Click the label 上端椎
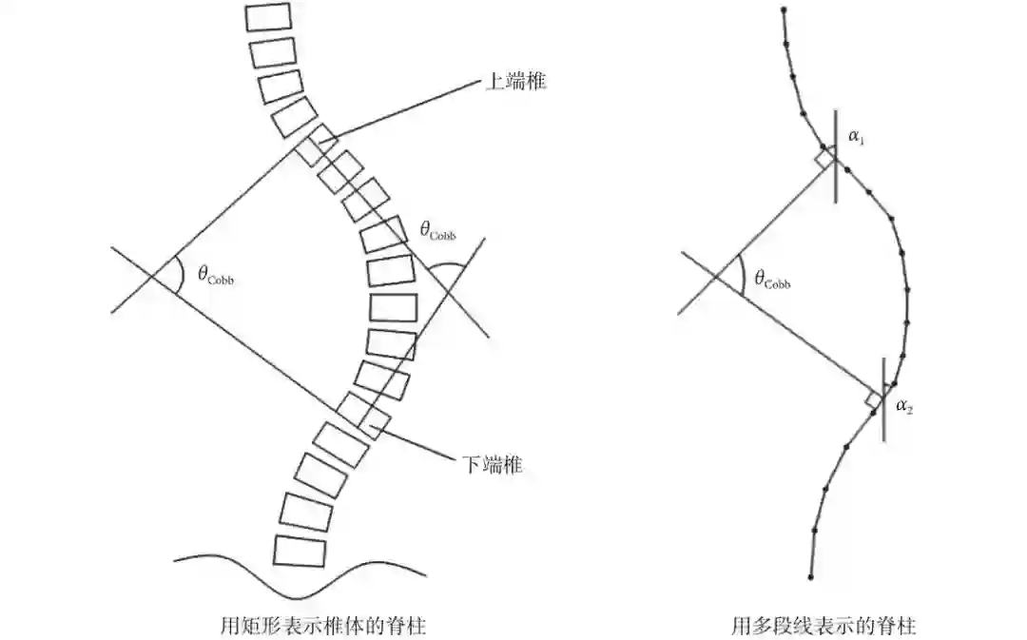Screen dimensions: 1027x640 (x=515, y=82)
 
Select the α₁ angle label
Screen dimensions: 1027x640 (x=856, y=138)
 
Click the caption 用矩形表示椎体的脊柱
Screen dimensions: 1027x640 (x=321, y=626)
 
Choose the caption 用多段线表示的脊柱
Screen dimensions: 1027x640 (x=824, y=626)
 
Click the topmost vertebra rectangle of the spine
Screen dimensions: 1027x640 (x=268, y=16)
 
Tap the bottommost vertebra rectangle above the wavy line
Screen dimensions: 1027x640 (x=300, y=551)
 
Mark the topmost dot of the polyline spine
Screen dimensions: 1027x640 (x=783, y=10)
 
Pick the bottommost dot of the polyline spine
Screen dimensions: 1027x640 (x=810, y=576)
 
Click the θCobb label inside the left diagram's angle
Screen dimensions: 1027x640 (x=215, y=275)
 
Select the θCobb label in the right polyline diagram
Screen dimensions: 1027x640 (x=771, y=279)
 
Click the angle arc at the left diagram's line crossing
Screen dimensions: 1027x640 (x=178, y=277)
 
